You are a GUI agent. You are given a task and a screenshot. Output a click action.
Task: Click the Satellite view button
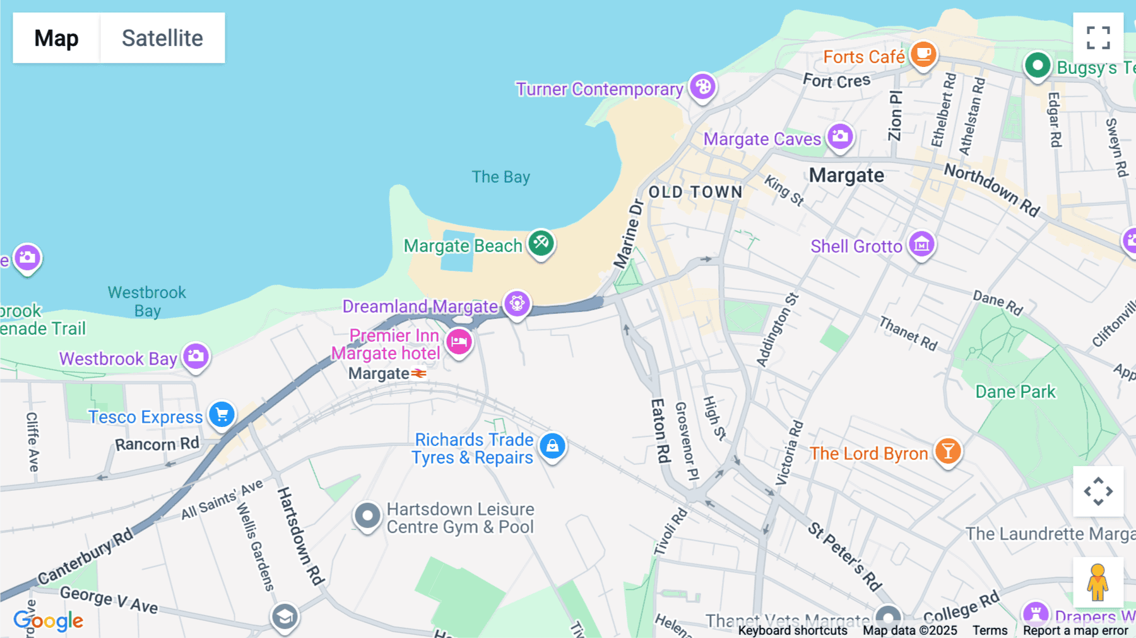click(x=162, y=38)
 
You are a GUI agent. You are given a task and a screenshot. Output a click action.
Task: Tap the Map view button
click(x=56, y=38)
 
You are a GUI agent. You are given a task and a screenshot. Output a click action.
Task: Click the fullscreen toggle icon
click(x=1098, y=38)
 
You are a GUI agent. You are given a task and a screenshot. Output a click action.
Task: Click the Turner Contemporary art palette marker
click(x=702, y=87)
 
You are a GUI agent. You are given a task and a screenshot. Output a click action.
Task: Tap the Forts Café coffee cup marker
click(x=923, y=54)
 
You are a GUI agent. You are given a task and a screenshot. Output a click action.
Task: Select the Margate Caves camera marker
click(x=840, y=136)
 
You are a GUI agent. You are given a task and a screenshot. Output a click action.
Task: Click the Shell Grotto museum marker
click(x=921, y=244)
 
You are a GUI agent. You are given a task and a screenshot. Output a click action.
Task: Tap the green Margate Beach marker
click(x=541, y=242)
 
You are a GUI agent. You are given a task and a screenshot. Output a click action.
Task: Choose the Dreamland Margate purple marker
click(x=517, y=303)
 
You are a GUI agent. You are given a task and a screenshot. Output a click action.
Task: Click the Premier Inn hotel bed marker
click(x=459, y=342)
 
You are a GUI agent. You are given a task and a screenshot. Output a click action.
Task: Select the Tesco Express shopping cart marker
click(x=222, y=414)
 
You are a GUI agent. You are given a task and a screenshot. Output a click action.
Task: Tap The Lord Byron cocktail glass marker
click(x=947, y=451)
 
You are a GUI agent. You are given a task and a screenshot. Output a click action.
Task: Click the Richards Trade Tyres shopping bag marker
click(x=552, y=445)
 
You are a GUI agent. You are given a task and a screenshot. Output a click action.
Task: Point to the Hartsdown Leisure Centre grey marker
click(x=367, y=516)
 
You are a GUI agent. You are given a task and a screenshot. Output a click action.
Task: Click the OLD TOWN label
click(x=695, y=192)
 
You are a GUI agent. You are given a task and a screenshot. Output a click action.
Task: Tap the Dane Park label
click(x=1015, y=392)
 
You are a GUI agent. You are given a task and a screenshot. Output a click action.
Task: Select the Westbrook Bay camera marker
click(x=196, y=356)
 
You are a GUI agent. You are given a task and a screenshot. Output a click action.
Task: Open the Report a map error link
click(x=1075, y=630)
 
